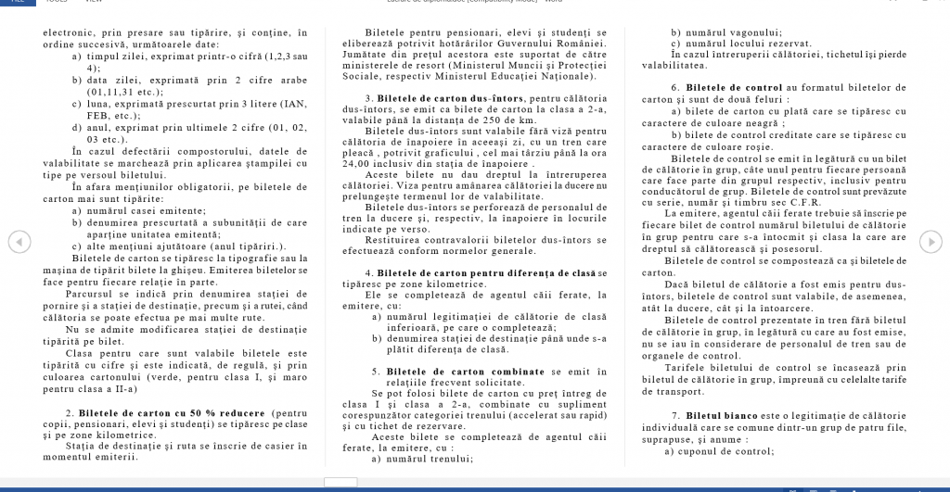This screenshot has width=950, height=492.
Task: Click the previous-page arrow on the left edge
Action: click(x=17, y=242)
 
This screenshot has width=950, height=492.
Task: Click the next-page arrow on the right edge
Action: click(x=931, y=242)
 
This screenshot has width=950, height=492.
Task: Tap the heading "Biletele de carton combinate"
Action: click(x=447, y=371)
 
